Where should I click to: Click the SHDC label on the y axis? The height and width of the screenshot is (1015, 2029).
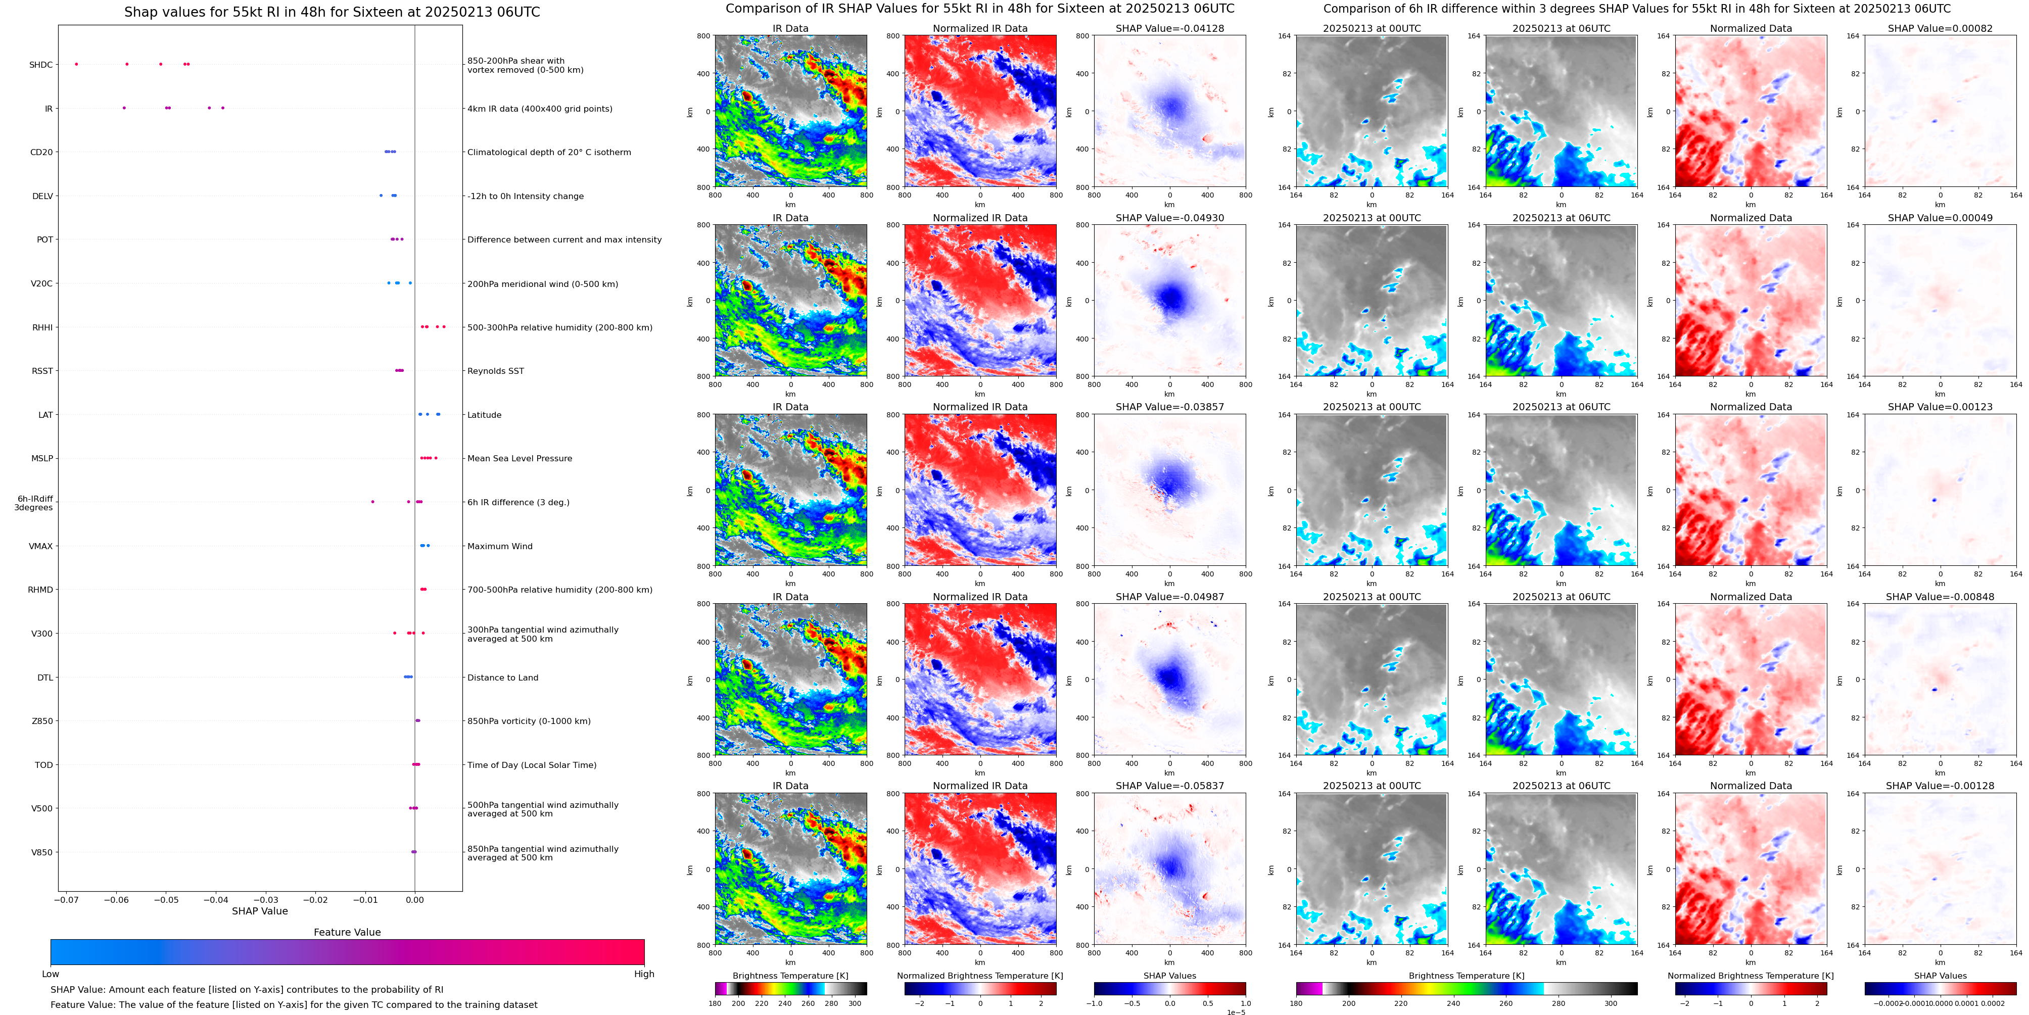[x=41, y=65]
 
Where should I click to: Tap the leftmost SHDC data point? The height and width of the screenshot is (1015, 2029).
[x=76, y=64]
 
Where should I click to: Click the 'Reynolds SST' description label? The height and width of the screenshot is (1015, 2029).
[x=495, y=371]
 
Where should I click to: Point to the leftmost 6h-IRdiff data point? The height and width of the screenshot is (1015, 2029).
[x=372, y=502]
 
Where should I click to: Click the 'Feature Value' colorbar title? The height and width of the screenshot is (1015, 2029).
[x=347, y=932]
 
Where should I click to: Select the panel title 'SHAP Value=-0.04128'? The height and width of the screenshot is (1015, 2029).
[x=1170, y=28]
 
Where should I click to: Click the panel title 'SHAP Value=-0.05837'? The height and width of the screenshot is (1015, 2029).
[x=1170, y=786]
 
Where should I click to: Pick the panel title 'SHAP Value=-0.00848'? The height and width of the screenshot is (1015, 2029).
[x=1940, y=597]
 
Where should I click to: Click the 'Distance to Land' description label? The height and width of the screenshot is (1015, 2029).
[x=502, y=677]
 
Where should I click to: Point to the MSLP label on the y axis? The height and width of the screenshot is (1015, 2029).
[x=42, y=458]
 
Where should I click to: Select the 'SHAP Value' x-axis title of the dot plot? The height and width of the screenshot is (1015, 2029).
[x=260, y=911]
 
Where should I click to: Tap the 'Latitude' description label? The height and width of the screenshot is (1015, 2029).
[x=485, y=415]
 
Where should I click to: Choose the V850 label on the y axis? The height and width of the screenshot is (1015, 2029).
[x=42, y=852]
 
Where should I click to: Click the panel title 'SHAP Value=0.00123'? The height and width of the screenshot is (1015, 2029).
[x=1940, y=407]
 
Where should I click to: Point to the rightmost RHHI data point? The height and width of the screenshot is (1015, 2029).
[x=444, y=327]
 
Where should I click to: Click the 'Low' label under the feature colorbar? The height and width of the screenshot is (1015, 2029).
[x=51, y=974]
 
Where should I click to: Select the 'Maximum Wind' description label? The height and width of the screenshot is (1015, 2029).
[x=499, y=546]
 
